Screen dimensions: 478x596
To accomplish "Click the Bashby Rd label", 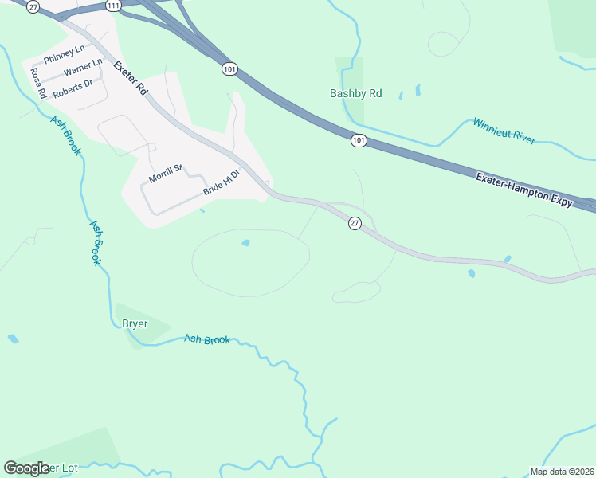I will [x=356, y=94].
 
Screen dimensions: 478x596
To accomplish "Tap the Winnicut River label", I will [x=504, y=131].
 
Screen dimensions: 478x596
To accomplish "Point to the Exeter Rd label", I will [x=131, y=78].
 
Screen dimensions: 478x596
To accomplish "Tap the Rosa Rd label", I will [x=37, y=83].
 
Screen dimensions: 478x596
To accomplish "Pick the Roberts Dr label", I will [x=73, y=87].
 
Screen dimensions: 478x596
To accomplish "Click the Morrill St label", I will [x=166, y=172].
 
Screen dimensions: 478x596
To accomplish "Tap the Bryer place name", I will [x=135, y=323].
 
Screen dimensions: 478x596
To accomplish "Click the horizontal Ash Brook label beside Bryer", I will [x=207, y=339].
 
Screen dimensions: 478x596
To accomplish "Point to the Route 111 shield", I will [x=113, y=6].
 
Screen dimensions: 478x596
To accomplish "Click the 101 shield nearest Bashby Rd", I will [x=359, y=140].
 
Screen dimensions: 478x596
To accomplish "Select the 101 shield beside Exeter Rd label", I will [x=229, y=69].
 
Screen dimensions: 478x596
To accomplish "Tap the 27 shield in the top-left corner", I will [x=32, y=6].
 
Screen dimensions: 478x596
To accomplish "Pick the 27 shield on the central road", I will [x=355, y=224].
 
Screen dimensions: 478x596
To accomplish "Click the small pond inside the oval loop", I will [x=245, y=243].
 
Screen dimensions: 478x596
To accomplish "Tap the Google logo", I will [x=26, y=468].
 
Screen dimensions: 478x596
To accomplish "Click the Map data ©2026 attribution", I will [x=561, y=472].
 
